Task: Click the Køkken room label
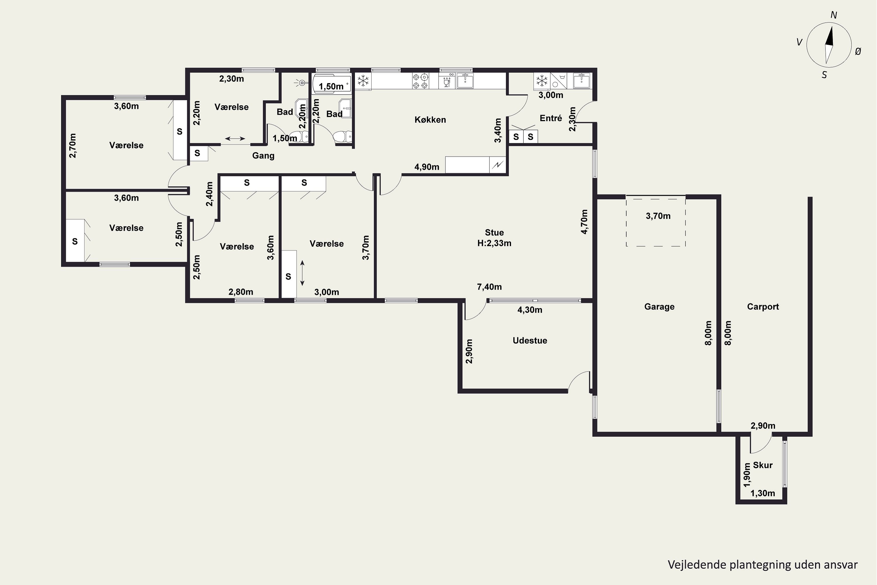click(430, 120)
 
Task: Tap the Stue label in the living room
click(494, 233)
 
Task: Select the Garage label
click(659, 307)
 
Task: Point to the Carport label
click(763, 307)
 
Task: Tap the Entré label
click(551, 118)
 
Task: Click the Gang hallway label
click(263, 156)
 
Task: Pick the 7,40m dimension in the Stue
click(489, 287)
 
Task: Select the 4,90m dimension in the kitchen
click(427, 167)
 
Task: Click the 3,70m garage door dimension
click(658, 216)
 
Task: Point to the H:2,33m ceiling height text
click(494, 243)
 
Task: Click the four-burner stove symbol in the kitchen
click(420, 81)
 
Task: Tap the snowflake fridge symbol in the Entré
click(541, 81)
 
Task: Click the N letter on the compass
click(834, 15)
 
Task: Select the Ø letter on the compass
click(858, 52)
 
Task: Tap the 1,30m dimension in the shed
click(762, 493)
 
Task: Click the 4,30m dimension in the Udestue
click(530, 310)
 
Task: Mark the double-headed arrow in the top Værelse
click(235, 139)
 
